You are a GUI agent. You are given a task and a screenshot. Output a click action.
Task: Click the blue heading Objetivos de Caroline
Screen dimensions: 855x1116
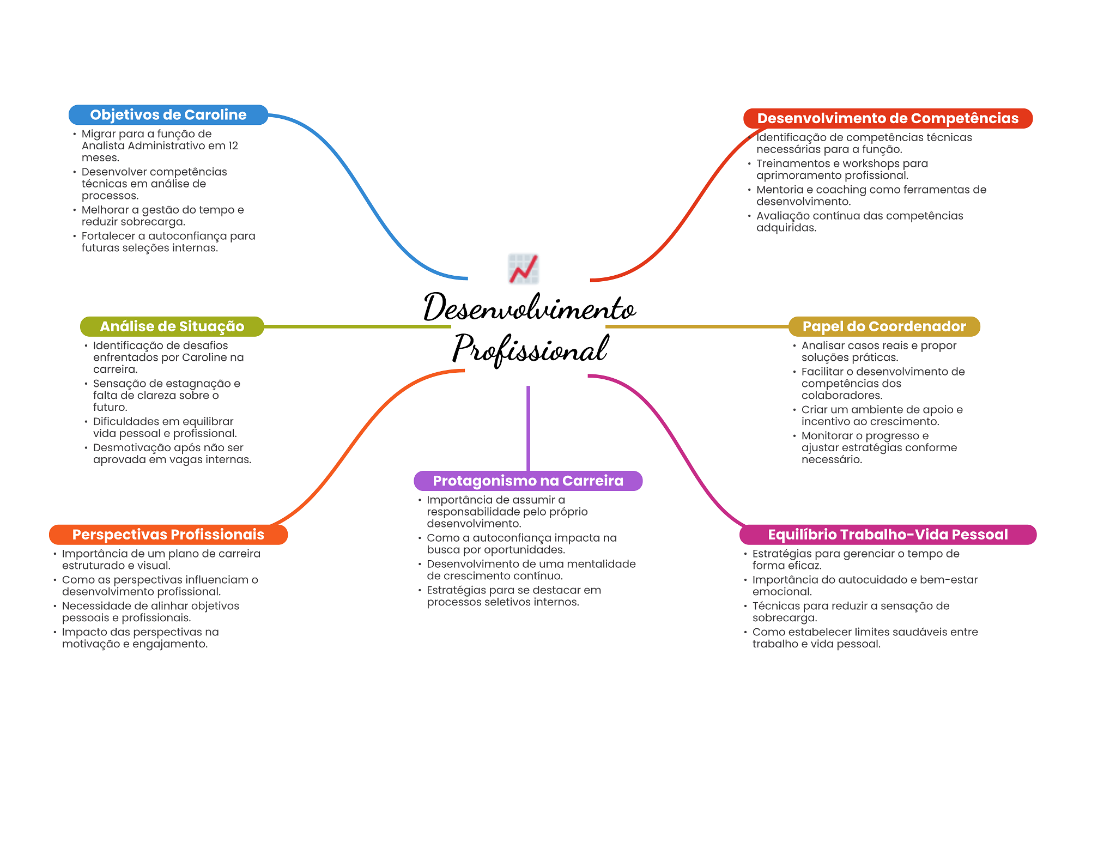(168, 115)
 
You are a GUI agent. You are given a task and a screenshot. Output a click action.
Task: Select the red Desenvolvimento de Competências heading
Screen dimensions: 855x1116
(887, 118)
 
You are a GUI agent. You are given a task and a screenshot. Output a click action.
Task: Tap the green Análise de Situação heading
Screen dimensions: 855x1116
(172, 326)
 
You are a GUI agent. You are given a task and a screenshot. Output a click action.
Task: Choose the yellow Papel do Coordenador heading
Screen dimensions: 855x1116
(884, 326)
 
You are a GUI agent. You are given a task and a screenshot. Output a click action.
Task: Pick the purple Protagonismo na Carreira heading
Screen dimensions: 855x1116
(527, 481)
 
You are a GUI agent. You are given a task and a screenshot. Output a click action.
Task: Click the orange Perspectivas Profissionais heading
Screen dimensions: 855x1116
(168, 535)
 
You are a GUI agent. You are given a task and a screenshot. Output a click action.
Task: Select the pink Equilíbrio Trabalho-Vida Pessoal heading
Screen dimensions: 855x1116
(887, 535)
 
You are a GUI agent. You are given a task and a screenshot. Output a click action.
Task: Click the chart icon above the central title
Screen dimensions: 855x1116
(524, 269)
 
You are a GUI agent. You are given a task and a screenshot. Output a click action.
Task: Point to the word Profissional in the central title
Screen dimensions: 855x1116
(530, 349)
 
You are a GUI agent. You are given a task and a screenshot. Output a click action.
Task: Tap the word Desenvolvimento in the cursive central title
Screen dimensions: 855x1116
(530, 308)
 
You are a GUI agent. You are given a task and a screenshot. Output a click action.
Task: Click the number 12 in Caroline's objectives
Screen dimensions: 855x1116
(233, 145)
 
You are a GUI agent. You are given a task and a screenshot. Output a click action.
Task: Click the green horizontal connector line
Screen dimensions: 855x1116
(357, 326)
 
